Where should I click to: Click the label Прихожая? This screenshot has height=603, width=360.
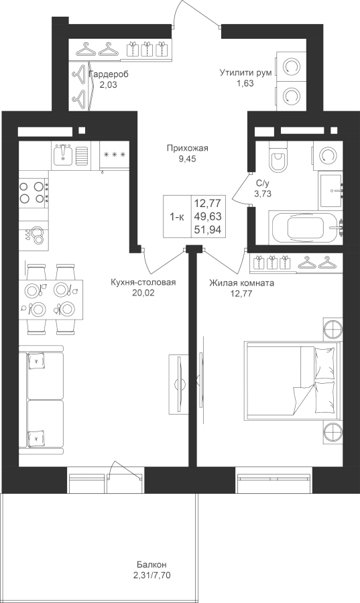pos(187,148)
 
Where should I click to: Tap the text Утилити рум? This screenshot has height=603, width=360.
pos(246,72)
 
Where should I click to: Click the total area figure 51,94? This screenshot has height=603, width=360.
pos(208,230)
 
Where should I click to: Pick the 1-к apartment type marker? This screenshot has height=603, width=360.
pos(177,217)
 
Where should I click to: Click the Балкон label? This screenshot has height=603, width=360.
pos(152,565)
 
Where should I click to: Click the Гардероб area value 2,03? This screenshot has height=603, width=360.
pos(108,84)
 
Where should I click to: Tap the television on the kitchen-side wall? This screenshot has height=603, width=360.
pos(178,383)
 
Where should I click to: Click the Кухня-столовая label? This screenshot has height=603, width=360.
pos(143,283)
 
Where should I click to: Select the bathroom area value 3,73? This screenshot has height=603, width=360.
pos(262,194)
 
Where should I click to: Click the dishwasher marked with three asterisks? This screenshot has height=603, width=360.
pos(115,155)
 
